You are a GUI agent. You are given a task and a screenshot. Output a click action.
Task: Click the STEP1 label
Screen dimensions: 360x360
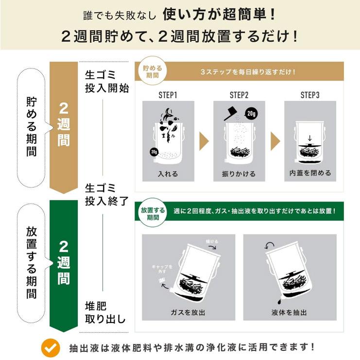tap(168, 95)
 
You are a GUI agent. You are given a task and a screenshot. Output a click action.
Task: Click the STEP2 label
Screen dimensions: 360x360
tap(239, 95)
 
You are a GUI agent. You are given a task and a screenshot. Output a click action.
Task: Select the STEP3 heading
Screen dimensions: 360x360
tap(310, 95)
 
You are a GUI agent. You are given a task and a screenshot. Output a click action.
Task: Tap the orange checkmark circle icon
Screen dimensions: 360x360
tap(50, 347)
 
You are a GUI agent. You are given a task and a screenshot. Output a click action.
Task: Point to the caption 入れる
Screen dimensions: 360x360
tap(168, 173)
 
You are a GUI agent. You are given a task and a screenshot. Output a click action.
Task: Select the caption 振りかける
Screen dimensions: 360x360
tap(239, 173)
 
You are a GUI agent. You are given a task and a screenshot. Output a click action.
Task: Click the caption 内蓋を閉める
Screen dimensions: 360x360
tap(310, 173)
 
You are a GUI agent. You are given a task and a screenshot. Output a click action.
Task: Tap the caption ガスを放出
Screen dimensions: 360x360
tap(188, 312)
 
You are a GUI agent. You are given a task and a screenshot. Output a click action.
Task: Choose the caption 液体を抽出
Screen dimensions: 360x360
tap(289, 312)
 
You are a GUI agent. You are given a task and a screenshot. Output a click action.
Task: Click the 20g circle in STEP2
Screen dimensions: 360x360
tap(251, 114)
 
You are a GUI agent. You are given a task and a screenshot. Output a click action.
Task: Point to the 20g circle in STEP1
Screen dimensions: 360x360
tap(154, 152)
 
